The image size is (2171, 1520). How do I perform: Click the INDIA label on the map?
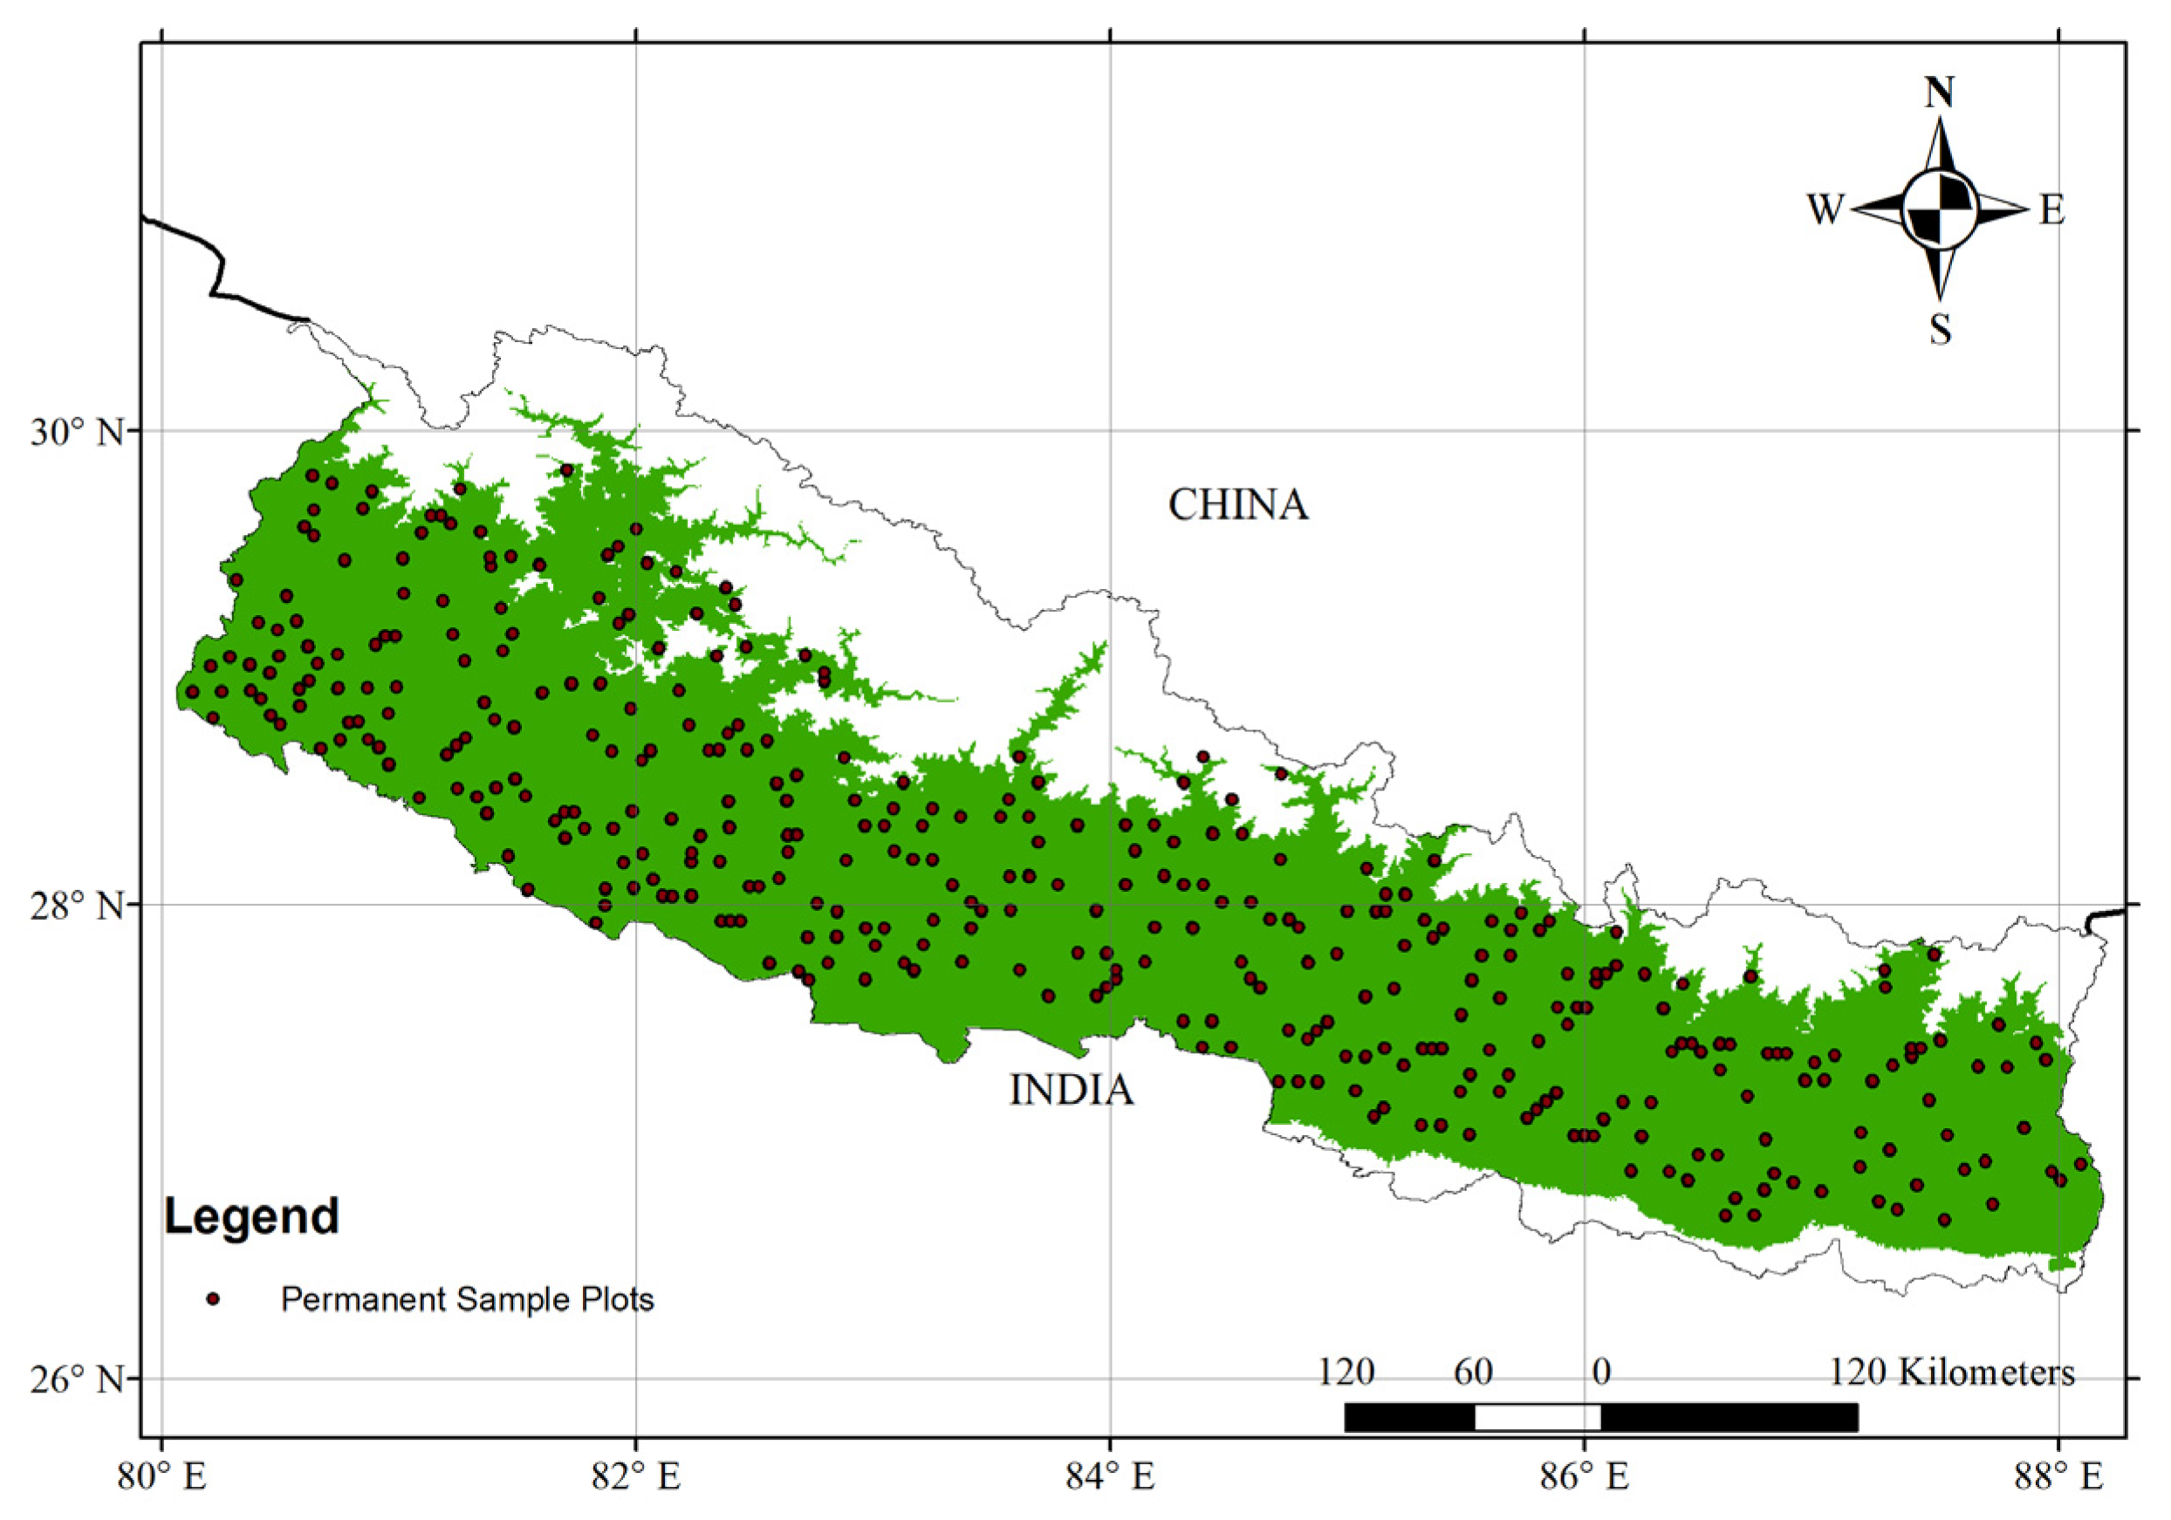coord(1071,1090)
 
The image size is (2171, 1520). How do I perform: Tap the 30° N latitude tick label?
coord(77,432)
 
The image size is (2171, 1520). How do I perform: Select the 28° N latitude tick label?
coord(77,907)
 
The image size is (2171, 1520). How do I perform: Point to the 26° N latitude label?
coord(77,1380)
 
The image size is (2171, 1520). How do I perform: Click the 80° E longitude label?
coord(161,1476)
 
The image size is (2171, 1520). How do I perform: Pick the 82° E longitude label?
coord(636,1476)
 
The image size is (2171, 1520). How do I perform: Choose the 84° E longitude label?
coord(1110,1476)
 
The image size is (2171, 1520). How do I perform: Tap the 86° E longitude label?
coord(1585,1476)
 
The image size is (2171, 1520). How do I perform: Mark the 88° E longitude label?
coord(2058,1476)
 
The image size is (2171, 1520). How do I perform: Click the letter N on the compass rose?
coord(1940,92)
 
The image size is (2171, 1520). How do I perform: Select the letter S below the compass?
coord(1940,330)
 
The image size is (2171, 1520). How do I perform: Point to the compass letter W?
coord(1824,209)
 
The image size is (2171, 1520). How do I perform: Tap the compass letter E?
coord(2051,209)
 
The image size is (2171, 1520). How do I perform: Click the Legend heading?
coord(251,1215)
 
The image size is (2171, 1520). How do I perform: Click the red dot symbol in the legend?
coord(213,1298)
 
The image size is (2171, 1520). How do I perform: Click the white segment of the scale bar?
coord(1538,1417)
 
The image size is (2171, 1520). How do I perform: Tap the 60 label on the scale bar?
coord(1472,1372)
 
